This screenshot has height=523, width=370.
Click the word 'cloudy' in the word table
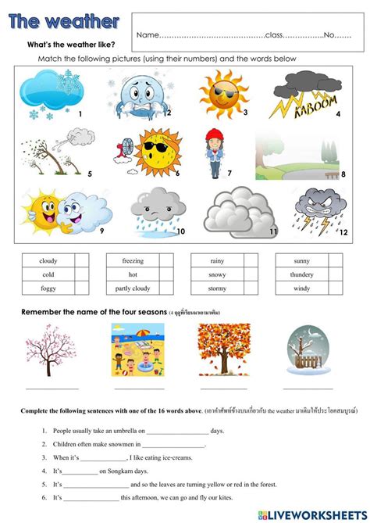tap(48, 260)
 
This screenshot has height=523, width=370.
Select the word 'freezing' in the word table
tap(133, 260)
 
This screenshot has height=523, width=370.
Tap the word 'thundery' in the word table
tap(302, 274)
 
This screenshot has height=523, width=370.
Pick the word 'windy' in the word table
tap(302, 288)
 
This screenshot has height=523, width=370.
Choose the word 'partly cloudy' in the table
tap(133, 288)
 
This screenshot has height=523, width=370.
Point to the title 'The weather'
tap(64, 21)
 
